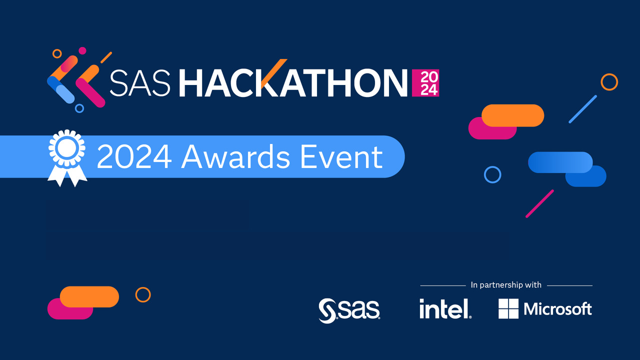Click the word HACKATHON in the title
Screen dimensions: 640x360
point(293,82)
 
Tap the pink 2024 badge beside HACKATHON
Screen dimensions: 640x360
point(425,83)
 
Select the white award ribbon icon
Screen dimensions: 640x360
point(67,158)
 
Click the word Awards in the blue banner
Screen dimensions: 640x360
point(236,157)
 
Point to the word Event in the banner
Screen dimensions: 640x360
point(341,157)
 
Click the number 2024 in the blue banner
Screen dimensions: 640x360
point(134,157)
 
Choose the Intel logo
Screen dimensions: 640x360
point(445,308)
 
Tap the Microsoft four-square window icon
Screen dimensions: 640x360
point(508,308)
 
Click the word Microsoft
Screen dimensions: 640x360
point(557,309)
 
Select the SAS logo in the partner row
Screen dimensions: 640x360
point(349,310)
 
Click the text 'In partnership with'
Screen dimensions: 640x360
point(506,285)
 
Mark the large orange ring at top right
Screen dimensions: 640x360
point(609,73)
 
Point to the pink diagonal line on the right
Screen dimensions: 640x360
point(539,203)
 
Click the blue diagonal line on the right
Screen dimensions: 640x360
point(583,109)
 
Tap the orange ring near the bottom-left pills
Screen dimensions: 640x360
point(143,287)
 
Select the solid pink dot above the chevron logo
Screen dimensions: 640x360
point(82,50)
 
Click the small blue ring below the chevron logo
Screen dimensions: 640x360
point(79,104)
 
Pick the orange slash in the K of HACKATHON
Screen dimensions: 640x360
point(273,73)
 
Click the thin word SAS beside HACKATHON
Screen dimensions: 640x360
point(140,82)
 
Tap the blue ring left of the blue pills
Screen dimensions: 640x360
point(492,166)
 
